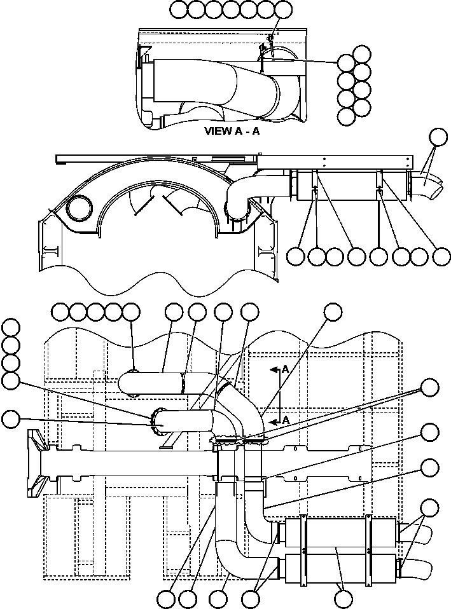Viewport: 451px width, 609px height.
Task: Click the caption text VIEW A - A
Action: pyautogui.click(x=232, y=132)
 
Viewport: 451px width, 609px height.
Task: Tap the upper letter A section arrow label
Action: pyautogui.click(x=285, y=369)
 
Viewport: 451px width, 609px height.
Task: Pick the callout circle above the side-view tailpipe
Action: pyautogui.click(x=438, y=137)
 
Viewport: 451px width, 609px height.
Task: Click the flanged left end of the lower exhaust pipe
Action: pyautogui.click(x=155, y=421)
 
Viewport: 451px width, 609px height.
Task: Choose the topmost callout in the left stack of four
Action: pyautogui.click(x=10, y=327)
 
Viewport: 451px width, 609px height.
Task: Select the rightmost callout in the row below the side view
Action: pyautogui.click(x=440, y=256)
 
